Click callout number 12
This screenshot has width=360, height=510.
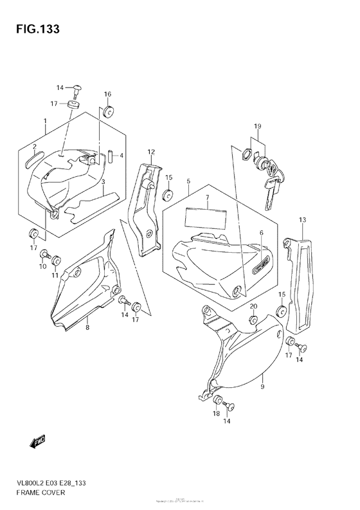[x=151, y=152]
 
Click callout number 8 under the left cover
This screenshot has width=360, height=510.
[x=87, y=327]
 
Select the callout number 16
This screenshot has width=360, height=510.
[x=108, y=94]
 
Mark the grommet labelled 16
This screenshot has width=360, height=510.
[x=108, y=111]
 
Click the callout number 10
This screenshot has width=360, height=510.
[x=44, y=266]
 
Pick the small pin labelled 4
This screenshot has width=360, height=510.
[x=111, y=155]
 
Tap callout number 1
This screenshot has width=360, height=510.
[x=45, y=121]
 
